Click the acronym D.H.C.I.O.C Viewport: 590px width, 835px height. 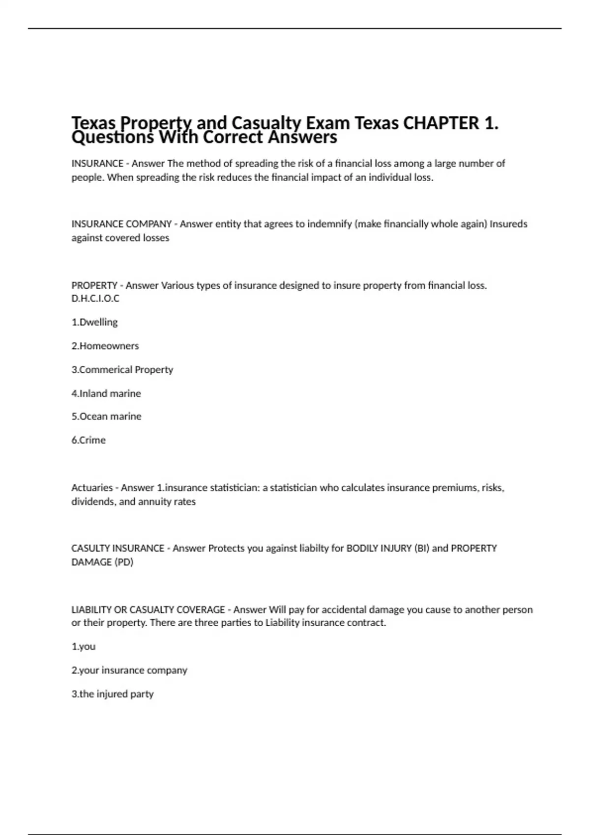click(95, 299)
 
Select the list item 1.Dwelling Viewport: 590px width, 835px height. click(94, 322)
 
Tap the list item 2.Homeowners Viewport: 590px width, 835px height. click(105, 346)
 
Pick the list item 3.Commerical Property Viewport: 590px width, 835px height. click(122, 370)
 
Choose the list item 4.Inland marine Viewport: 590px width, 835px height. click(106, 393)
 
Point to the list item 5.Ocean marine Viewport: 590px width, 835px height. click(106, 417)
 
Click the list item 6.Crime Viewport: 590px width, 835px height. click(88, 440)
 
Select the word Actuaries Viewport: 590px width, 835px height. click(92, 488)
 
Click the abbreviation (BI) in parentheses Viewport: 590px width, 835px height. click(421, 548)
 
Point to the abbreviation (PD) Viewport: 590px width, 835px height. click(124, 562)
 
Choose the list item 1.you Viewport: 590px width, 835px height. click(84, 646)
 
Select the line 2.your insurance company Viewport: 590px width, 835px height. click(129, 670)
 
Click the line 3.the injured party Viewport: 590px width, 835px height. click(113, 694)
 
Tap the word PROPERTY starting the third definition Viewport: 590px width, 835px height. click(94, 285)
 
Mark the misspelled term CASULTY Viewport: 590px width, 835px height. click(90, 548)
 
